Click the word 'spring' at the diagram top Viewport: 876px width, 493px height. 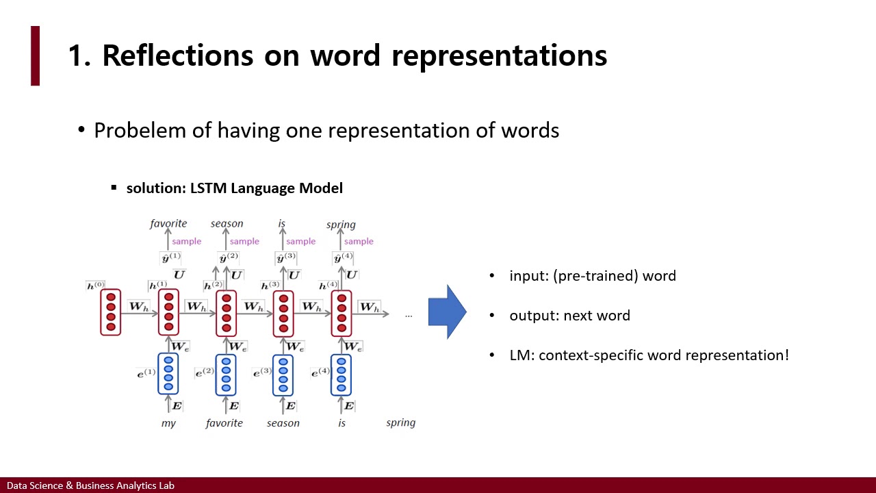tap(341, 225)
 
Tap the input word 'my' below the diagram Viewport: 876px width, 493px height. tap(168, 423)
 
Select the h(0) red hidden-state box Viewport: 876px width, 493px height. tap(111, 313)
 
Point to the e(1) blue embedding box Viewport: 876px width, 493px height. tap(168, 374)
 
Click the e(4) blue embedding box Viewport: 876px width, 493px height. tap(342, 374)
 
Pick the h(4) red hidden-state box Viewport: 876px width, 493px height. tap(342, 313)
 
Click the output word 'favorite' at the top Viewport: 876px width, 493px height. tap(168, 223)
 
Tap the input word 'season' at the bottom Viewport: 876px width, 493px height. tap(283, 423)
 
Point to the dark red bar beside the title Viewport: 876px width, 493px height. tap(36, 55)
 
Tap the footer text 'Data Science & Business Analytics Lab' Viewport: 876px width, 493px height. tap(90, 485)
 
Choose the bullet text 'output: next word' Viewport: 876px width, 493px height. tap(569, 316)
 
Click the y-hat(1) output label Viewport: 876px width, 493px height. tap(170, 258)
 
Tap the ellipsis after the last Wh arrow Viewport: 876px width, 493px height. tap(409, 315)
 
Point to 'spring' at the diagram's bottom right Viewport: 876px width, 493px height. tap(400, 422)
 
